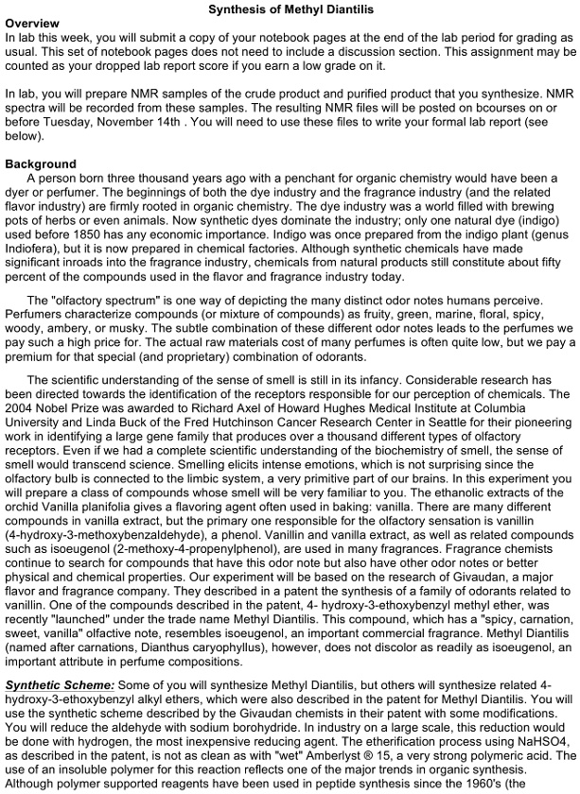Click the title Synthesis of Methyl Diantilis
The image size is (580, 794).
click(290, 9)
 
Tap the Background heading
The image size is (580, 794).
click(41, 164)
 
